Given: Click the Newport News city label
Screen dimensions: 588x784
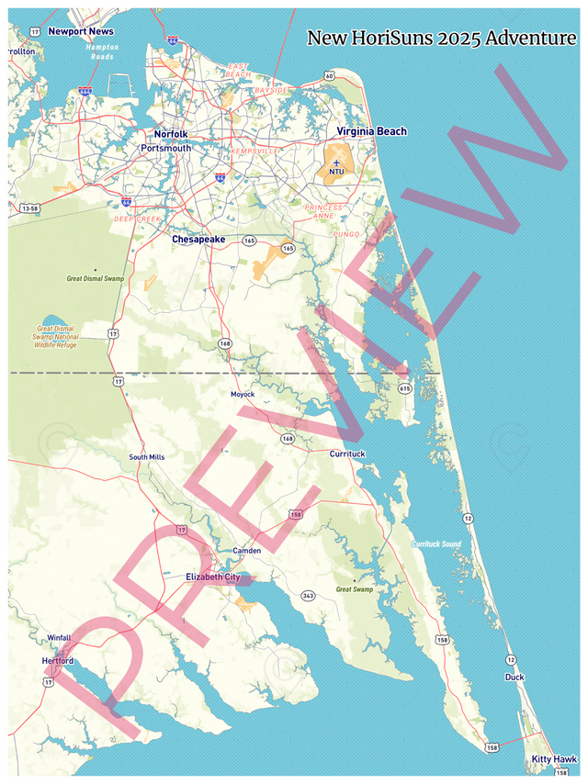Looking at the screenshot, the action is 81,31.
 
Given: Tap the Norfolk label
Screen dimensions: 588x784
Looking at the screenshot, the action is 170,134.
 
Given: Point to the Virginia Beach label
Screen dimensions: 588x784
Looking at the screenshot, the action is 370,132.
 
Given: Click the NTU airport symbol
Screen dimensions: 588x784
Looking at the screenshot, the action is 336,163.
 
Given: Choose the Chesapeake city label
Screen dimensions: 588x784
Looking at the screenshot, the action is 198,240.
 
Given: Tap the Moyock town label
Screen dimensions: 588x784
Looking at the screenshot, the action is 243,394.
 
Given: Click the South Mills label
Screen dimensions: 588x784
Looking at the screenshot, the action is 147,457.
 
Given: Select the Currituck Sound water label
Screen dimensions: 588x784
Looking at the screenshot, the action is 436,544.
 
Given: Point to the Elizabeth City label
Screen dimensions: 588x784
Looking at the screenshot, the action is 212,577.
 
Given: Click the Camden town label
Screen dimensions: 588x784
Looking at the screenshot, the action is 247,551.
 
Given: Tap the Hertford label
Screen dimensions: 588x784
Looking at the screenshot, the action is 57,661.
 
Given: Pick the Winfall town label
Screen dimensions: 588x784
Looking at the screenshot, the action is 59,637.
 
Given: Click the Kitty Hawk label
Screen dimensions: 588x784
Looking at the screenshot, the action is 554,759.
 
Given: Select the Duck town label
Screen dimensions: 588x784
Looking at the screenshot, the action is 514,678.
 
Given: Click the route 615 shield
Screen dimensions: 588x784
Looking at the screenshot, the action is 405,388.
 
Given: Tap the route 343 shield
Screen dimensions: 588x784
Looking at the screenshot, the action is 308,596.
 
